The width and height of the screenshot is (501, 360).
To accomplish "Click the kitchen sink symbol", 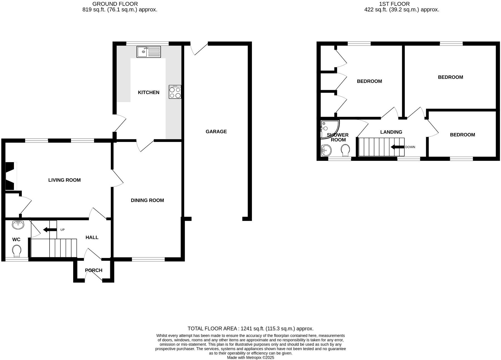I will [149, 52].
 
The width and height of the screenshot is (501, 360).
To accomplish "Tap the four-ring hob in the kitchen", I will [175, 92].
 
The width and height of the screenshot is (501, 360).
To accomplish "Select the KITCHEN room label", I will [149, 92].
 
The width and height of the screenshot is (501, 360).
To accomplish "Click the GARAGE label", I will [216, 132].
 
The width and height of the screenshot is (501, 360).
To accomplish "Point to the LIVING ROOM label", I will [64, 180].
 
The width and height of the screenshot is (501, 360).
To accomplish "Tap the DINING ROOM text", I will [147, 200].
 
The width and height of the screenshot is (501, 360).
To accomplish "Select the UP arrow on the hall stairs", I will [50, 230].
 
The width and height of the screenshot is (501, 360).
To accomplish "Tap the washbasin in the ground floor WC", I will [18, 225].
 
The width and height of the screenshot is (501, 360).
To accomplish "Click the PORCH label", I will [94, 270].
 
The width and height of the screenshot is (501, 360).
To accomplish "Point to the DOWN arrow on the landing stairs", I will [397, 147].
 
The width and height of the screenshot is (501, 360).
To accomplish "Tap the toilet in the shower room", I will [345, 150].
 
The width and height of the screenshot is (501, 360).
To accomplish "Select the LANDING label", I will [391, 132].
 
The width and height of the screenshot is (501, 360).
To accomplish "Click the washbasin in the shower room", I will [326, 151].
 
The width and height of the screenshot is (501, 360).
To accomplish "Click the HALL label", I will [92, 237].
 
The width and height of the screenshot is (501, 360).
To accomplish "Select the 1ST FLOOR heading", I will [394, 4].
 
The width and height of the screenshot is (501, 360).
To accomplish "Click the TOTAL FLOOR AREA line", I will [250, 329].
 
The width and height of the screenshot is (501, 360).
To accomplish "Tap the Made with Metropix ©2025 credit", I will [250, 357].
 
